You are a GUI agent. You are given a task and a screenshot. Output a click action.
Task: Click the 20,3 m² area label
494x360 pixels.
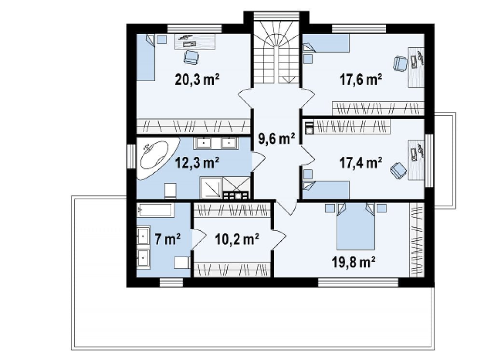click(197, 80)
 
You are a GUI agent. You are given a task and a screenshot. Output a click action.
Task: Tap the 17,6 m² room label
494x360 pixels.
click(361, 80)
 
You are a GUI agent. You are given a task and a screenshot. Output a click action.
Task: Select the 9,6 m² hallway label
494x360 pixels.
click(276, 138)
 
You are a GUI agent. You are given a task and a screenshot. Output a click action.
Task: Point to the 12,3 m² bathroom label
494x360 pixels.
click(197, 163)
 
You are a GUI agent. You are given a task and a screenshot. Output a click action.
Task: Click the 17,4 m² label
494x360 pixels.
click(361, 163)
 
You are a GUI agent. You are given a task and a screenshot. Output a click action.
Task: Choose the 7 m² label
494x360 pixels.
click(167, 239)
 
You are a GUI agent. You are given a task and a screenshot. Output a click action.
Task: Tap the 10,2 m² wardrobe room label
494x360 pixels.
click(237, 239)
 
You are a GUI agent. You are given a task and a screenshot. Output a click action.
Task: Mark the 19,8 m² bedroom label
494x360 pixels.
click(353, 262)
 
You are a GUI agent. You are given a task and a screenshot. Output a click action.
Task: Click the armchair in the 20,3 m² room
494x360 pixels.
click(191, 57)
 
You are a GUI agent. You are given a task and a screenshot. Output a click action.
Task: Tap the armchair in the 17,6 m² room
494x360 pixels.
click(400, 63)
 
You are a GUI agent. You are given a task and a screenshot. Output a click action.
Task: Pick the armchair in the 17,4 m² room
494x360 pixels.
click(398, 171)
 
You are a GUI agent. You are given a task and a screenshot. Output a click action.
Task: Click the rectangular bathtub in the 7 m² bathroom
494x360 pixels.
click(155, 210)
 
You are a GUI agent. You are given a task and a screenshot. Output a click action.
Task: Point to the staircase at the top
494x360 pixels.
click(276, 52)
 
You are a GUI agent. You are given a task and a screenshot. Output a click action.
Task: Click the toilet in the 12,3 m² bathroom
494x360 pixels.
click(170, 191)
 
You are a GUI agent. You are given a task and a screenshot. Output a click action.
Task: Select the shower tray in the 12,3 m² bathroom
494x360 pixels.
click(211, 188)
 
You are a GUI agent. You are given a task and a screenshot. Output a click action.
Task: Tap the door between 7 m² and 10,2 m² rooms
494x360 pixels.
click(198, 239)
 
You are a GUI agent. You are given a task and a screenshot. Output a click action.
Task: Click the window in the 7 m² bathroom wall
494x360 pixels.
click(171, 282)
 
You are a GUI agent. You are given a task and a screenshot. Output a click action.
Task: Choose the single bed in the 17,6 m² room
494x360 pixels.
click(326, 43)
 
